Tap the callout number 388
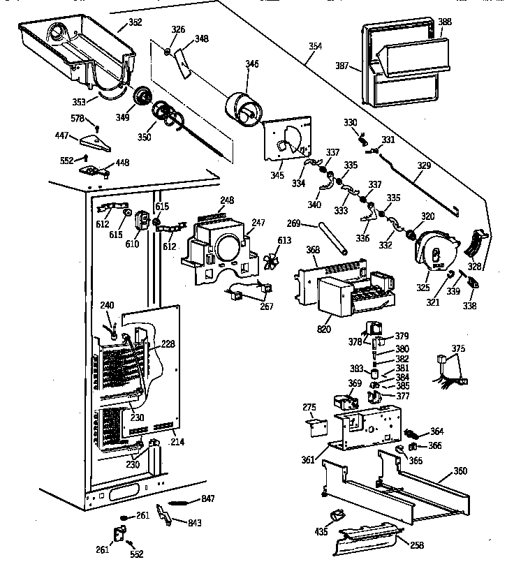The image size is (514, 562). pos(444,22)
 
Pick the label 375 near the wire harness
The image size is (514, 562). pos(457,348)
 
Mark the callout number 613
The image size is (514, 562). pos(284,241)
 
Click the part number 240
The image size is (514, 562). pos(106,304)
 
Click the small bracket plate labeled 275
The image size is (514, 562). pos(318,424)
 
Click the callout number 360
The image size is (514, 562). pos(460,471)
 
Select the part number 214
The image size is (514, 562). pos(177,443)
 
